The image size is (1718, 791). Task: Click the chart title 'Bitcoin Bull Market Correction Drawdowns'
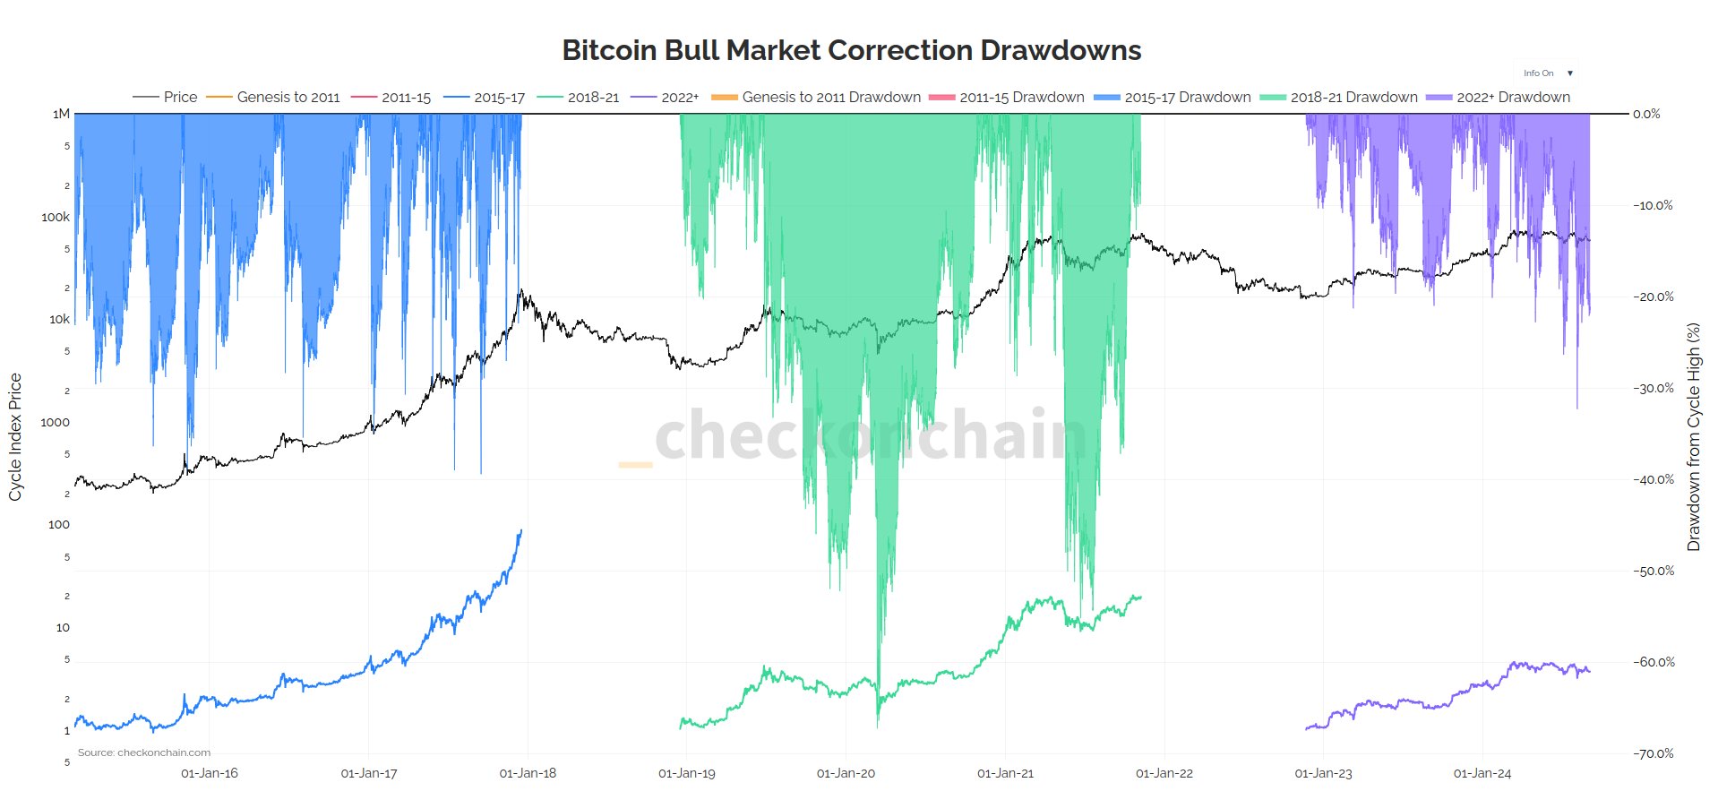pyautogui.click(x=851, y=50)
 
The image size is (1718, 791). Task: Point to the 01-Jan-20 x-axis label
pyautogui.click(x=846, y=773)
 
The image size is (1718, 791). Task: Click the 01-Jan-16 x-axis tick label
pyautogui.click(x=210, y=773)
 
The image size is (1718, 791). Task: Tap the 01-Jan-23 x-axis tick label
pyautogui.click(x=1323, y=773)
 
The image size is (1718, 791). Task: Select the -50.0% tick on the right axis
pyautogui.click(x=1653, y=571)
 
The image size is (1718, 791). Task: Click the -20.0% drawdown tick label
pyautogui.click(x=1653, y=297)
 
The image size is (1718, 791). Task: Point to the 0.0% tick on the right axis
pyautogui.click(x=1646, y=114)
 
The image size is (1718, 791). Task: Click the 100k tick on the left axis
pyautogui.click(x=56, y=217)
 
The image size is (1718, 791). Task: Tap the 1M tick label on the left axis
pyautogui.click(x=61, y=114)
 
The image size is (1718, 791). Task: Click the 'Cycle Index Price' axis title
pyautogui.click(x=15, y=437)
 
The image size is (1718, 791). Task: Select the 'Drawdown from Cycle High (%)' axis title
pyautogui.click(x=1693, y=437)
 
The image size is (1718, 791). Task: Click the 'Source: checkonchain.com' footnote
pyautogui.click(x=144, y=752)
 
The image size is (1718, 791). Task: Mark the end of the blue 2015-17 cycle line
pyautogui.click(x=521, y=531)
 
